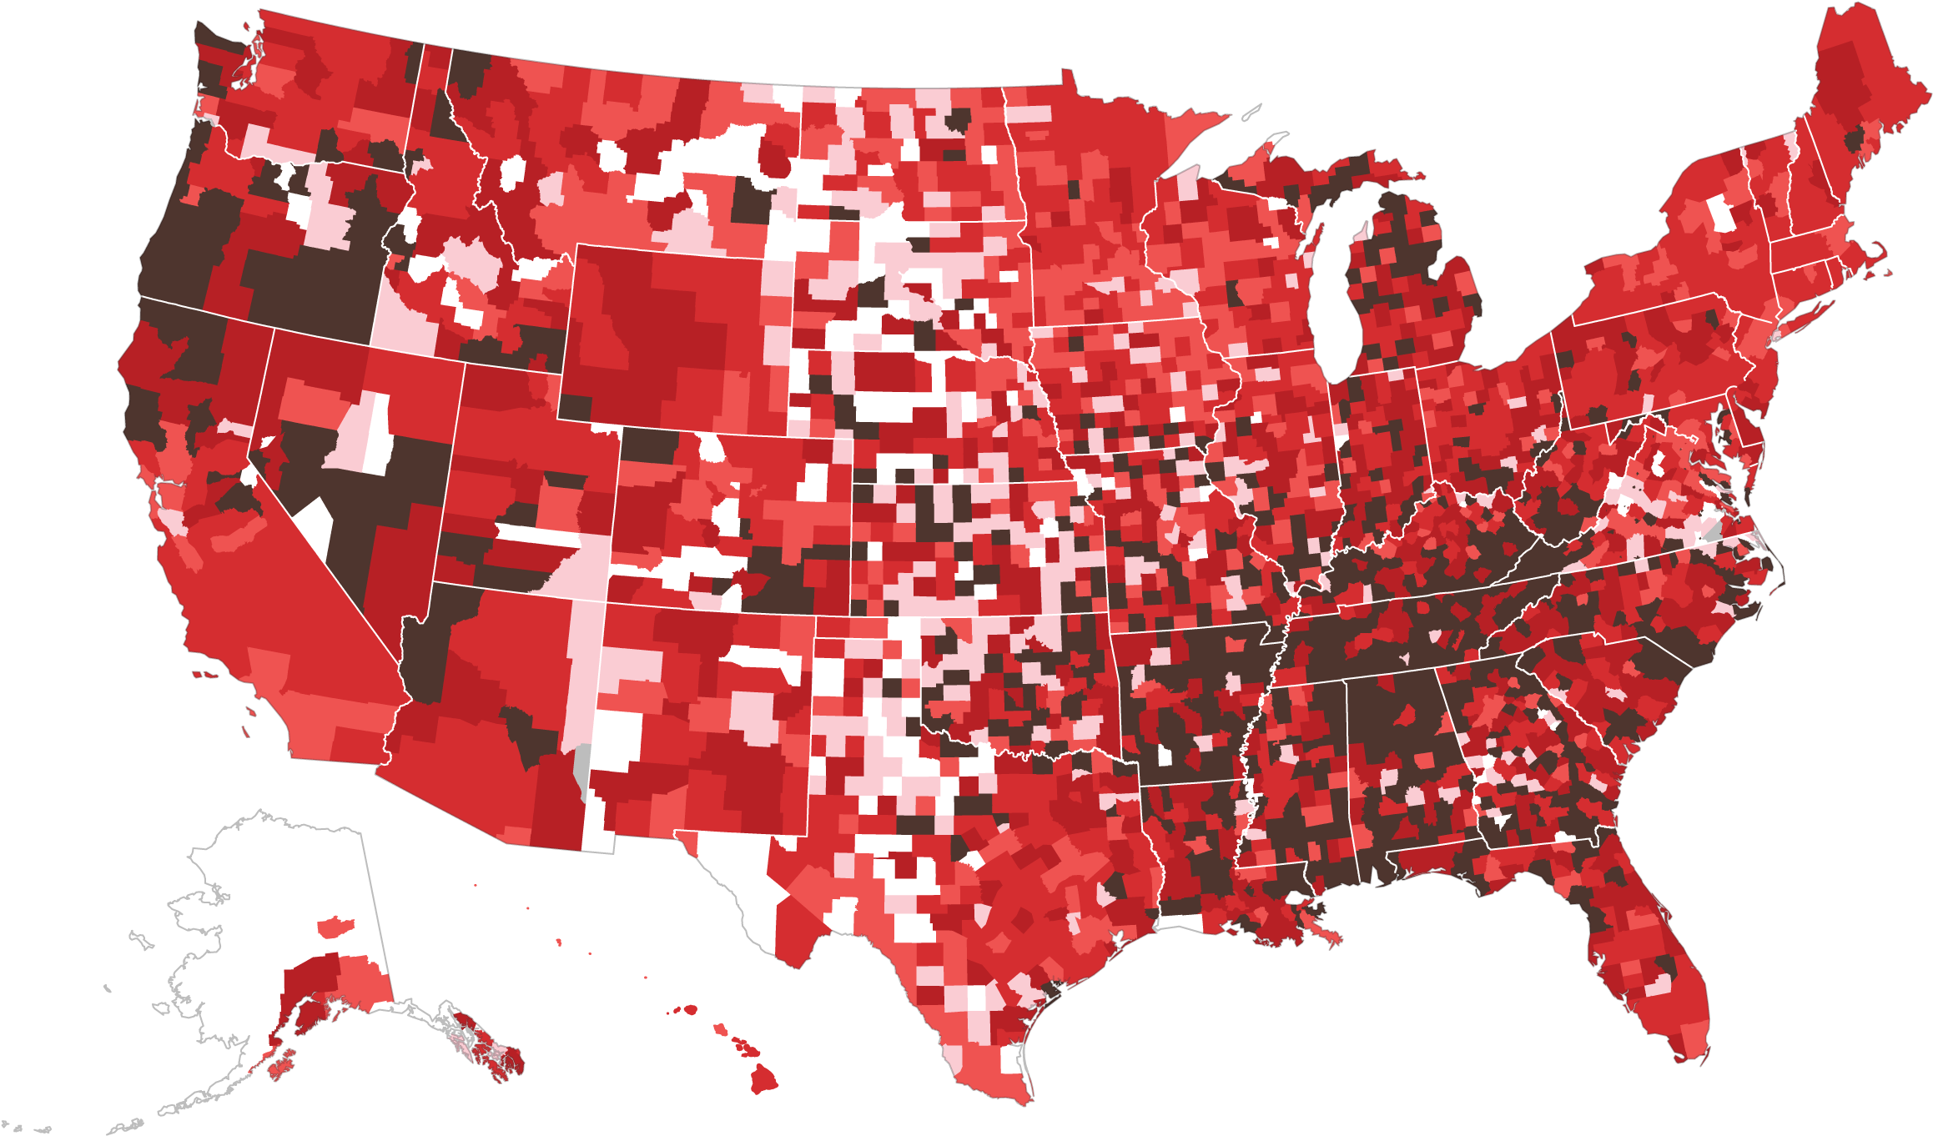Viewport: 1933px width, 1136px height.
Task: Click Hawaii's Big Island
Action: [763, 1079]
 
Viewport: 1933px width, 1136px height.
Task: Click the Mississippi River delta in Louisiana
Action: [1310, 926]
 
